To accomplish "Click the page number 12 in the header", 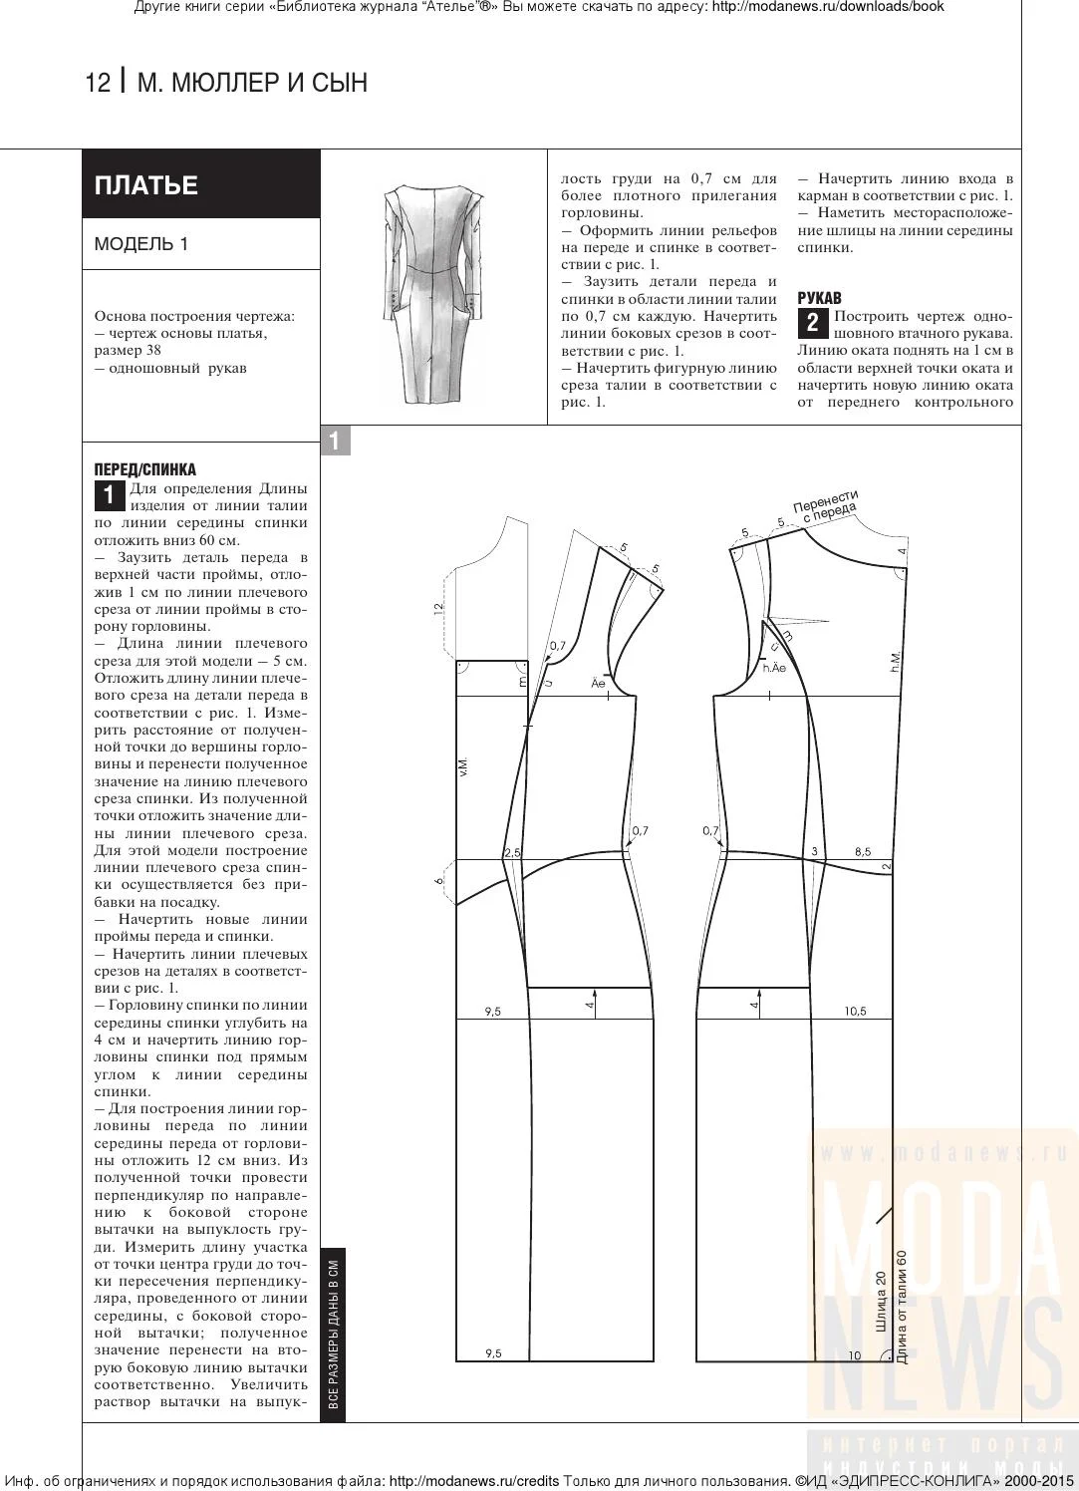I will pyautogui.click(x=98, y=83).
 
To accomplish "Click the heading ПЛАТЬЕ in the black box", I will pyautogui.click(x=145, y=185).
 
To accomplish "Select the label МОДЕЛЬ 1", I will pyautogui.click(x=140, y=244).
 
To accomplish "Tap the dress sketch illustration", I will pyautogui.click(x=432, y=293).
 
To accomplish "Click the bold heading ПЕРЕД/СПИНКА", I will pyautogui.click(x=144, y=469).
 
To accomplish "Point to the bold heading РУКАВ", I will pyautogui.click(x=819, y=298).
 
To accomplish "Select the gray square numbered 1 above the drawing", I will pyautogui.click(x=335, y=441).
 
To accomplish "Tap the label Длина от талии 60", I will pyautogui.click(x=902, y=1306).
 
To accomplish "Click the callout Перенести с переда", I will pyautogui.click(x=827, y=504).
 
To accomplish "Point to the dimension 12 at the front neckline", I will pyautogui.click(x=438, y=608).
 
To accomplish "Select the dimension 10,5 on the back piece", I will pyautogui.click(x=855, y=1012).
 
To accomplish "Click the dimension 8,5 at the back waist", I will pyautogui.click(x=862, y=852).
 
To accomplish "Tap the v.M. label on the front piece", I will pyautogui.click(x=463, y=767).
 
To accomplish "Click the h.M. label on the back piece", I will pyautogui.click(x=895, y=660).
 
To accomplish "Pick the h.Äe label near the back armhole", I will pyautogui.click(x=774, y=668).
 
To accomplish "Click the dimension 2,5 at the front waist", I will pyautogui.click(x=513, y=853).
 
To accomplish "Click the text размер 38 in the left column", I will pyautogui.click(x=128, y=351).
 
